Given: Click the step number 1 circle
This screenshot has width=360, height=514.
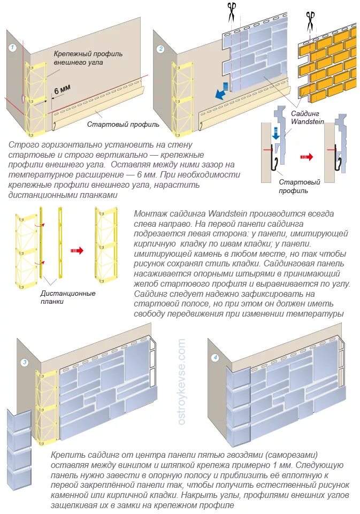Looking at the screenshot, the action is coord(13,48).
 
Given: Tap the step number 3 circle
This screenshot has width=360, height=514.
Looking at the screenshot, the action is coord(24,363).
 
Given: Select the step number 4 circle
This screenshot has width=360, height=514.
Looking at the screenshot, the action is coord(215,357).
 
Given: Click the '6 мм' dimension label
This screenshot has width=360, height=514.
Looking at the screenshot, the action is coord(62,92).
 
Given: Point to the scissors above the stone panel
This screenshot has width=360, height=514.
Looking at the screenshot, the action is coord(231,11).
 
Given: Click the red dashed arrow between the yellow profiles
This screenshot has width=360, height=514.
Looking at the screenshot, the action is coord(78,249).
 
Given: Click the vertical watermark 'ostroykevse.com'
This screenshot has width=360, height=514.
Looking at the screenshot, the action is coord(182,381).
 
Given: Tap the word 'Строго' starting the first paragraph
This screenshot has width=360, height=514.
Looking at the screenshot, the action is coord(24,145).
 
